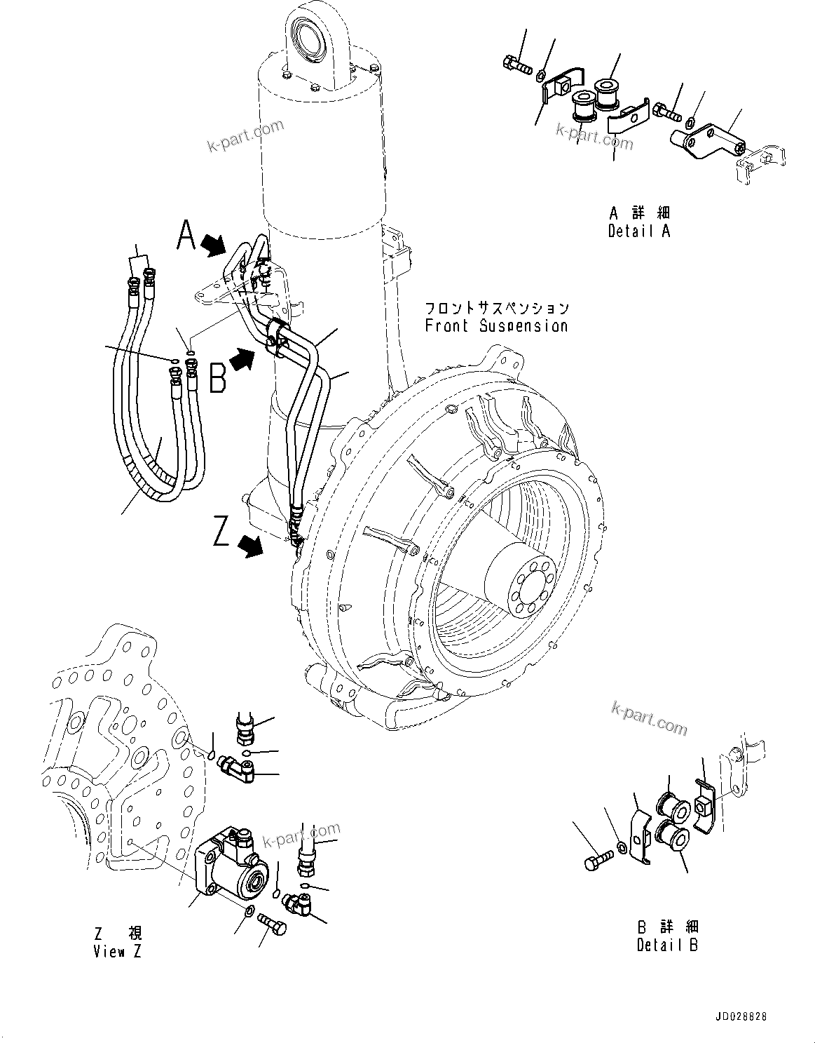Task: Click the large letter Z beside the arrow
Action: click(221, 531)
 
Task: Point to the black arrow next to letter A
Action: click(214, 245)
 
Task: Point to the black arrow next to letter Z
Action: click(251, 544)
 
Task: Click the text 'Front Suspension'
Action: click(496, 326)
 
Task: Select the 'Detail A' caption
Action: click(638, 231)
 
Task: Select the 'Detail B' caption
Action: click(667, 945)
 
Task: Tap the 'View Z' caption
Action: click(118, 952)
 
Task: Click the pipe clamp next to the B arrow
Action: click(275, 337)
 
